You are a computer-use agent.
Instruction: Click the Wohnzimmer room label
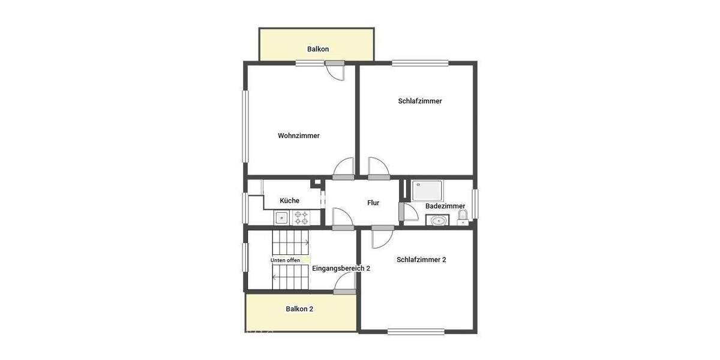point(298,136)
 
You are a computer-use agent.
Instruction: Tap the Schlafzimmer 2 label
point(421,260)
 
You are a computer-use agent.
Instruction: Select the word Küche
point(289,200)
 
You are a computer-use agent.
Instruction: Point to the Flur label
point(373,203)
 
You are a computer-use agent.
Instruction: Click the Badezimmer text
point(445,206)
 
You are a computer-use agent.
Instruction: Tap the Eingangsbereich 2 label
point(341,268)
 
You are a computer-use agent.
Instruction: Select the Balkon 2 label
point(299,309)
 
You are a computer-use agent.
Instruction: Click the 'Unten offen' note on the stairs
point(285,260)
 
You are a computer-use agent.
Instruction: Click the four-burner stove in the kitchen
point(301,217)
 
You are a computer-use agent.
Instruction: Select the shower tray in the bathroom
point(427,190)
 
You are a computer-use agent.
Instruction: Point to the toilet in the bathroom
point(462,217)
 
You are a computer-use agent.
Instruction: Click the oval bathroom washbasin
point(439,220)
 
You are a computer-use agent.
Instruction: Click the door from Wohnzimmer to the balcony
point(336,71)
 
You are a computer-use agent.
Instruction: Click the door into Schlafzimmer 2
point(380,237)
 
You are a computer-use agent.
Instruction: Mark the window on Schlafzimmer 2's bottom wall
point(416,331)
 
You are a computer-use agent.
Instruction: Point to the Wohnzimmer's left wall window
point(245,125)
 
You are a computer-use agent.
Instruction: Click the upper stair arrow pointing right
point(306,242)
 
